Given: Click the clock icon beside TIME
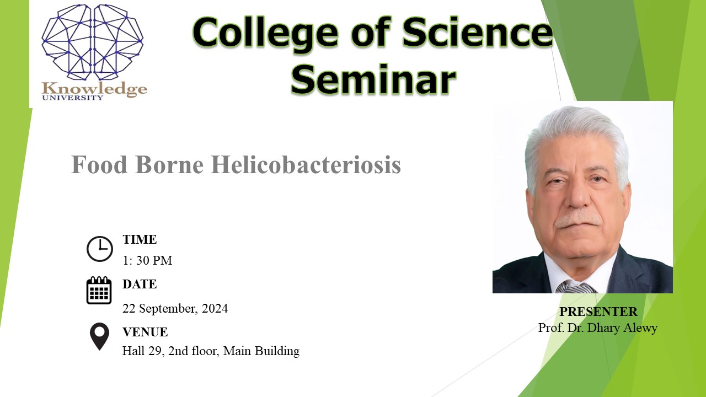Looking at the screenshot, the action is coord(100,249).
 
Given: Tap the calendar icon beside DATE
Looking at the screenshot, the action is coord(99,290).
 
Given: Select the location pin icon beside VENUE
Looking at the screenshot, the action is coord(99,336).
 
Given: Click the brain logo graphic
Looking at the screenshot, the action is coord(92,42).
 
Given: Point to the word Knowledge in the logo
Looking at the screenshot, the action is coord(94,89).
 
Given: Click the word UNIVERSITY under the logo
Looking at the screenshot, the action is coord(72,98).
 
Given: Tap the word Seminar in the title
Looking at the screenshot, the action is coord(373,80).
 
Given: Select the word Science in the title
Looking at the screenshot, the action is coord(478,33).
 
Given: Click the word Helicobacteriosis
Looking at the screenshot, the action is coord(306,164).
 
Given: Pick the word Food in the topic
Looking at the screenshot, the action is coord(99,164).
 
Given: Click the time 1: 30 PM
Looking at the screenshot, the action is coord(147,261).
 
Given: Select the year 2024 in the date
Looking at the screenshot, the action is coord(215,308).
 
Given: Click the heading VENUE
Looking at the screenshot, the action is coord(145,332).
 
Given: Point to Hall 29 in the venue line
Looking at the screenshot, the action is coord(143,351).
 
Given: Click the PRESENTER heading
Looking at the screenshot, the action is coord(598,312).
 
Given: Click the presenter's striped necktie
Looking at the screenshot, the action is coord(575,287).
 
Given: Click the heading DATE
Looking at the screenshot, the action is coord(140,284).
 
